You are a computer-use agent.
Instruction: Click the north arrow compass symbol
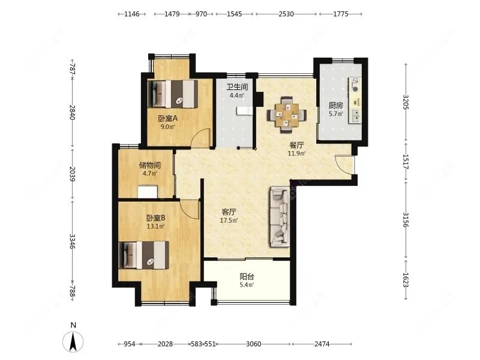tap(73, 341)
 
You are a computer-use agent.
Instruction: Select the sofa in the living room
tap(280, 217)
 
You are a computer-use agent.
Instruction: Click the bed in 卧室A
tap(172, 94)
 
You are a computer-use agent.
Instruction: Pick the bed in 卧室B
tap(143, 255)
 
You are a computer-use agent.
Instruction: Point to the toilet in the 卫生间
tap(244, 110)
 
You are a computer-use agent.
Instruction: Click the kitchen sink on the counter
tap(355, 116)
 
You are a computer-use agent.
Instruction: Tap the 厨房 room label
tap(335, 106)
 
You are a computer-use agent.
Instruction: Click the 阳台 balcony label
tap(247, 277)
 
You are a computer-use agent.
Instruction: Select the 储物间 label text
tap(149, 166)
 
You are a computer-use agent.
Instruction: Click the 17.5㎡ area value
tap(229, 220)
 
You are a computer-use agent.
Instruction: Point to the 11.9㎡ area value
tap(296, 154)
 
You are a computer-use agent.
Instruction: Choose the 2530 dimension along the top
tap(286, 14)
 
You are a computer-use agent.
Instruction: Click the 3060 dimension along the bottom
tap(254, 344)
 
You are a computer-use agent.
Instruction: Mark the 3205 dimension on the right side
tap(406, 102)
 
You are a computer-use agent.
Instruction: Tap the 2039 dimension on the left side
tap(72, 173)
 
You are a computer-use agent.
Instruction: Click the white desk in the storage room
tap(148, 191)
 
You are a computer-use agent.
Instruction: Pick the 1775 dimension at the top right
tap(341, 14)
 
